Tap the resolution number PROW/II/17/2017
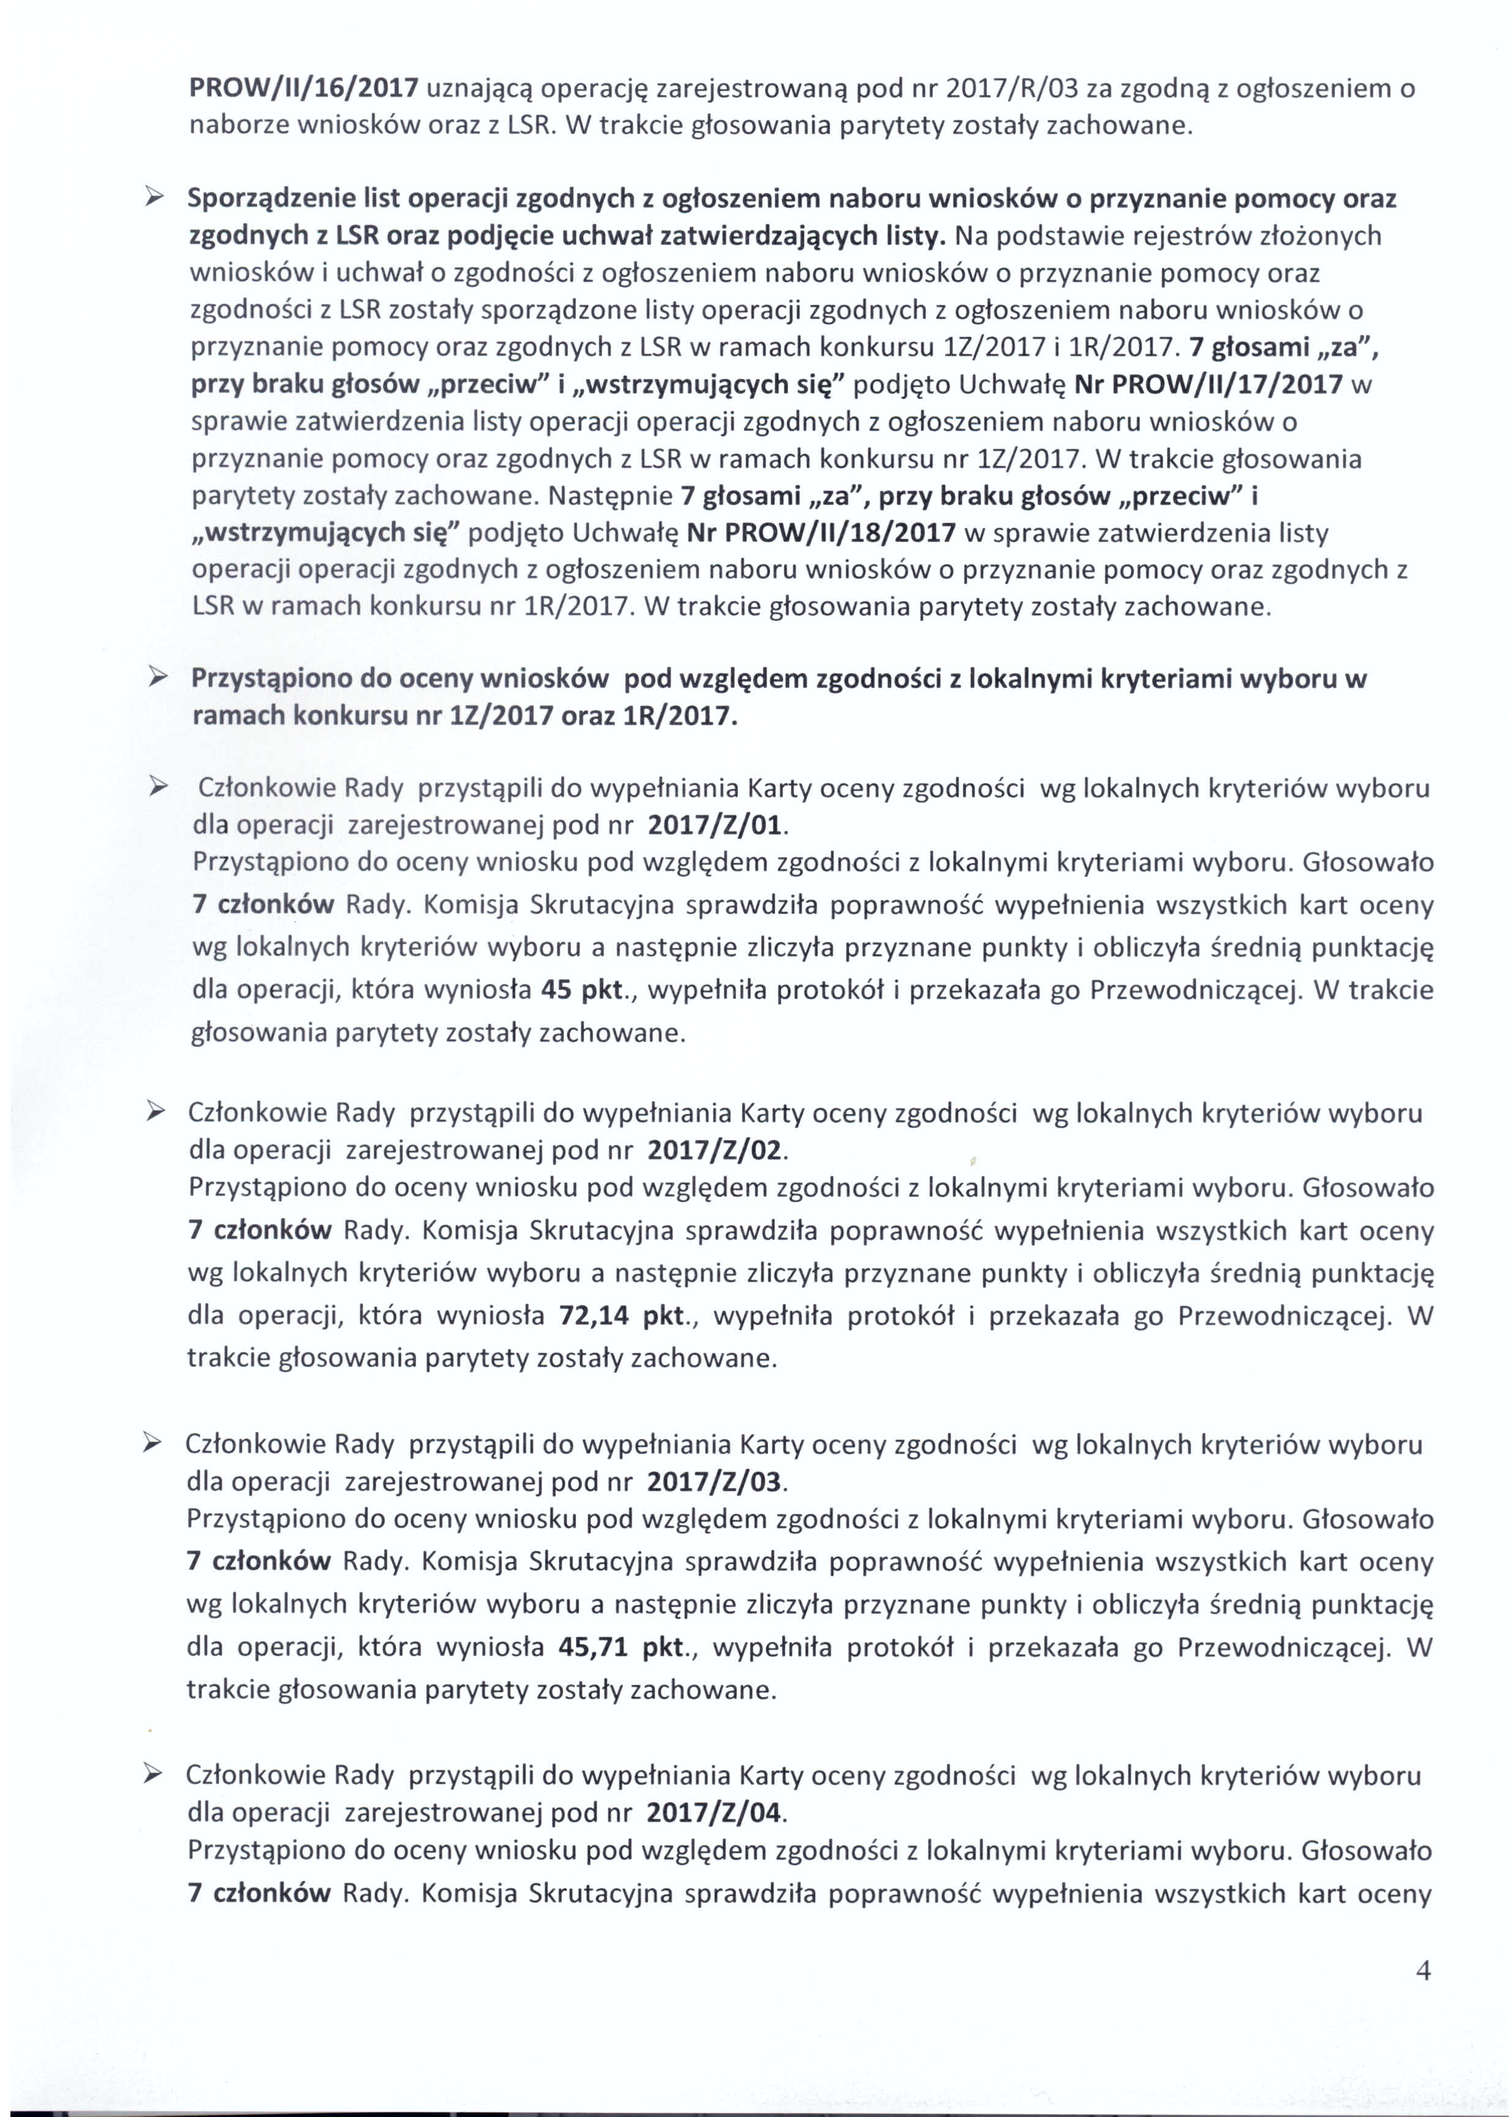tap(1208, 385)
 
